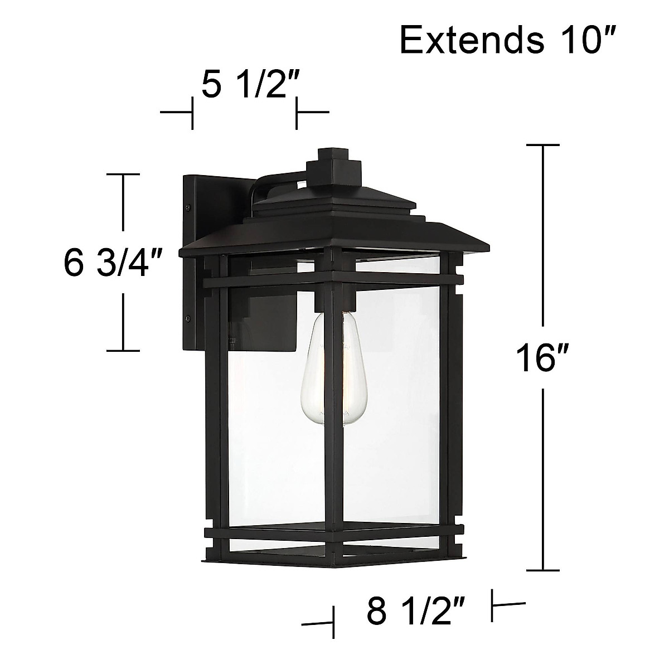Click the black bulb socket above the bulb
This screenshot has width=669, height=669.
(x=333, y=302)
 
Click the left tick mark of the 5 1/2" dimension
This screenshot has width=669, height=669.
(x=193, y=113)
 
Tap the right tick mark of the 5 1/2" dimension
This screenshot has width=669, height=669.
(x=296, y=113)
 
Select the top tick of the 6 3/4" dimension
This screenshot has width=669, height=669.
(x=123, y=174)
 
